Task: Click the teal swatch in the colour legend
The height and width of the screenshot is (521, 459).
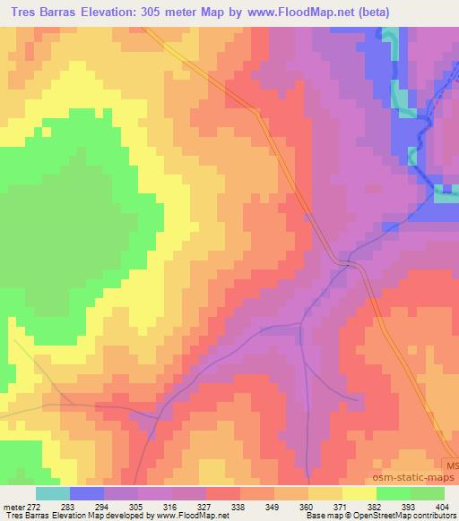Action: [x=53, y=493]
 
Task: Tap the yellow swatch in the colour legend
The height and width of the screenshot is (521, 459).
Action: [x=359, y=493]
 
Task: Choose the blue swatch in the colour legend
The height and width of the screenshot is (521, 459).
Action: [x=87, y=493]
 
